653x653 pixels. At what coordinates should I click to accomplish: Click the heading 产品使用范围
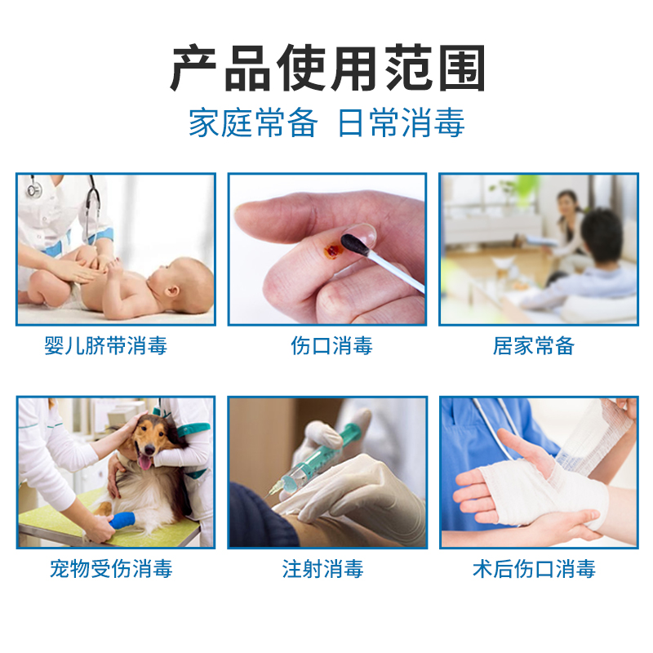coord(326,69)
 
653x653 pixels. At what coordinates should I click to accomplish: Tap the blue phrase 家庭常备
coord(252,123)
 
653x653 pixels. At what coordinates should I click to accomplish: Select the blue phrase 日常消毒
coord(401,123)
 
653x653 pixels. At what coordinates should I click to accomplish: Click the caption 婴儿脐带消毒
coord(106,346)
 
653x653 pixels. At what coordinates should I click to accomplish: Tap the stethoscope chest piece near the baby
coord(33,190)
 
